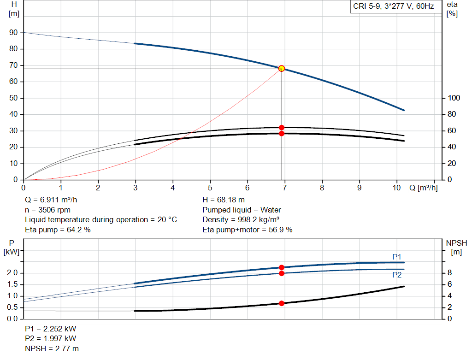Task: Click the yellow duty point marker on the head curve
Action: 281,68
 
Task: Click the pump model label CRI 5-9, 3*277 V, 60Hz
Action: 393,7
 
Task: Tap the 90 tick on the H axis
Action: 14,33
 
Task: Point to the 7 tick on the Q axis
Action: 284,188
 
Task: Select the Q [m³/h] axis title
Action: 423,188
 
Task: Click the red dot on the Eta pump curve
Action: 281,127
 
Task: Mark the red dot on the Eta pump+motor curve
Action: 281,133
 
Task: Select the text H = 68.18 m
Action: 224,200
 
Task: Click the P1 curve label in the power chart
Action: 397,257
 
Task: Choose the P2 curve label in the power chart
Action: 397,275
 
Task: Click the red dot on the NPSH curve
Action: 281,303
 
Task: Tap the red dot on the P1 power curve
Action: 281,267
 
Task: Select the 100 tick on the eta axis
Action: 454,98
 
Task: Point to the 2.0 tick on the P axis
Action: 13,273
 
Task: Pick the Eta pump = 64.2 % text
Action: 58,229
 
